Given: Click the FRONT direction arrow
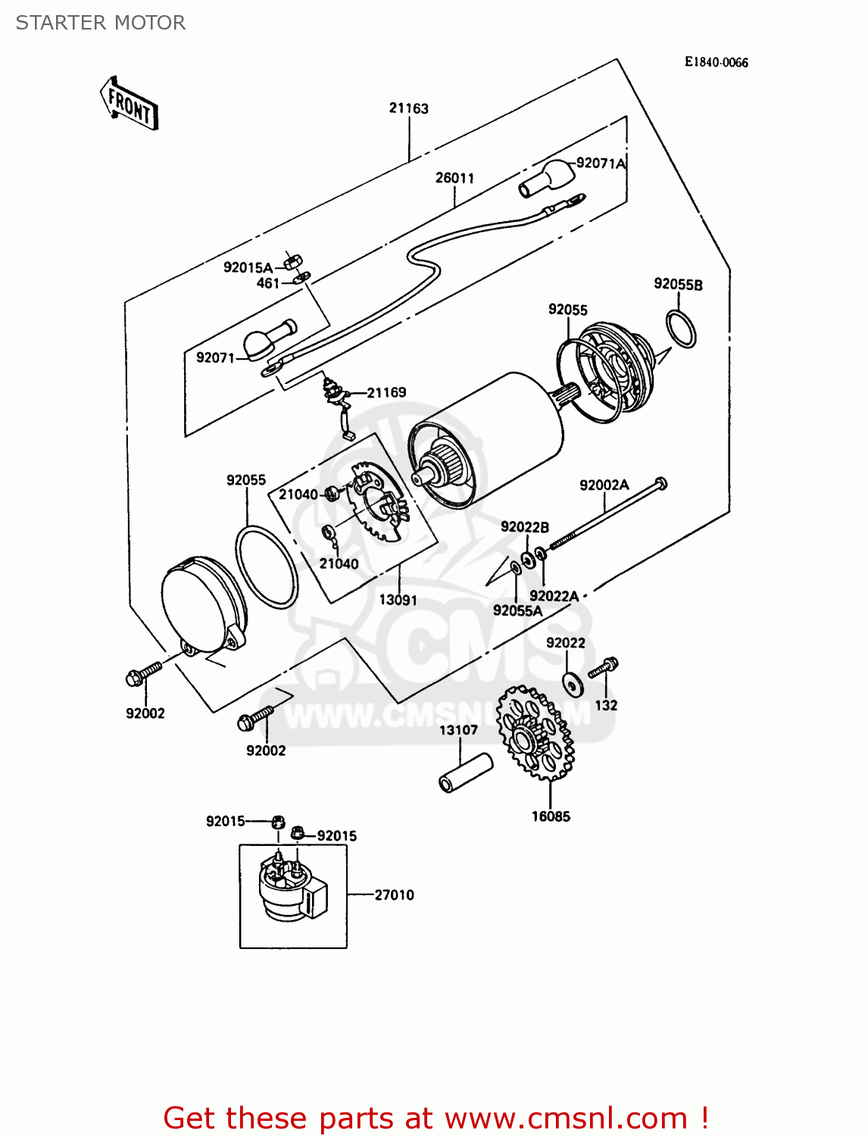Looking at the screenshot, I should tap(130, 104).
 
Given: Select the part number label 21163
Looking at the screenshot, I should tap(408, 108).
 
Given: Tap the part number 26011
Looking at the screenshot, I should tap(454, 178).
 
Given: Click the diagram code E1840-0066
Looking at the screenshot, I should tap(716, 62).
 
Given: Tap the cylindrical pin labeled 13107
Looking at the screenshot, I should tap(465, 772).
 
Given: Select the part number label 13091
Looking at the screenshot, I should tap(398, 600).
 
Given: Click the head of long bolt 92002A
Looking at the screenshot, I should tap(660, 482).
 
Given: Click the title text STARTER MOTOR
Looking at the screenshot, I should tap(101, 23).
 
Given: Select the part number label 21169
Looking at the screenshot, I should tap(386, 392).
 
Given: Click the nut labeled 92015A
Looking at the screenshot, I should tap(290, 263).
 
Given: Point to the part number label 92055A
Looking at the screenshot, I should tap(517, 610).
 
